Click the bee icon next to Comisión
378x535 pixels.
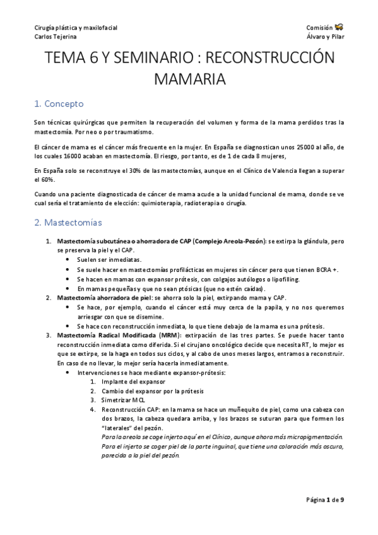(x=340, y=27)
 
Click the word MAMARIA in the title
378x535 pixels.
(x=189, y=80)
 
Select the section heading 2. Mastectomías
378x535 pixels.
(x=72, y=223)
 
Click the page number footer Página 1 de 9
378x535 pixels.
(x=325, y=500)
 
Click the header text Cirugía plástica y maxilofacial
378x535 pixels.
(x=76, y=28)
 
